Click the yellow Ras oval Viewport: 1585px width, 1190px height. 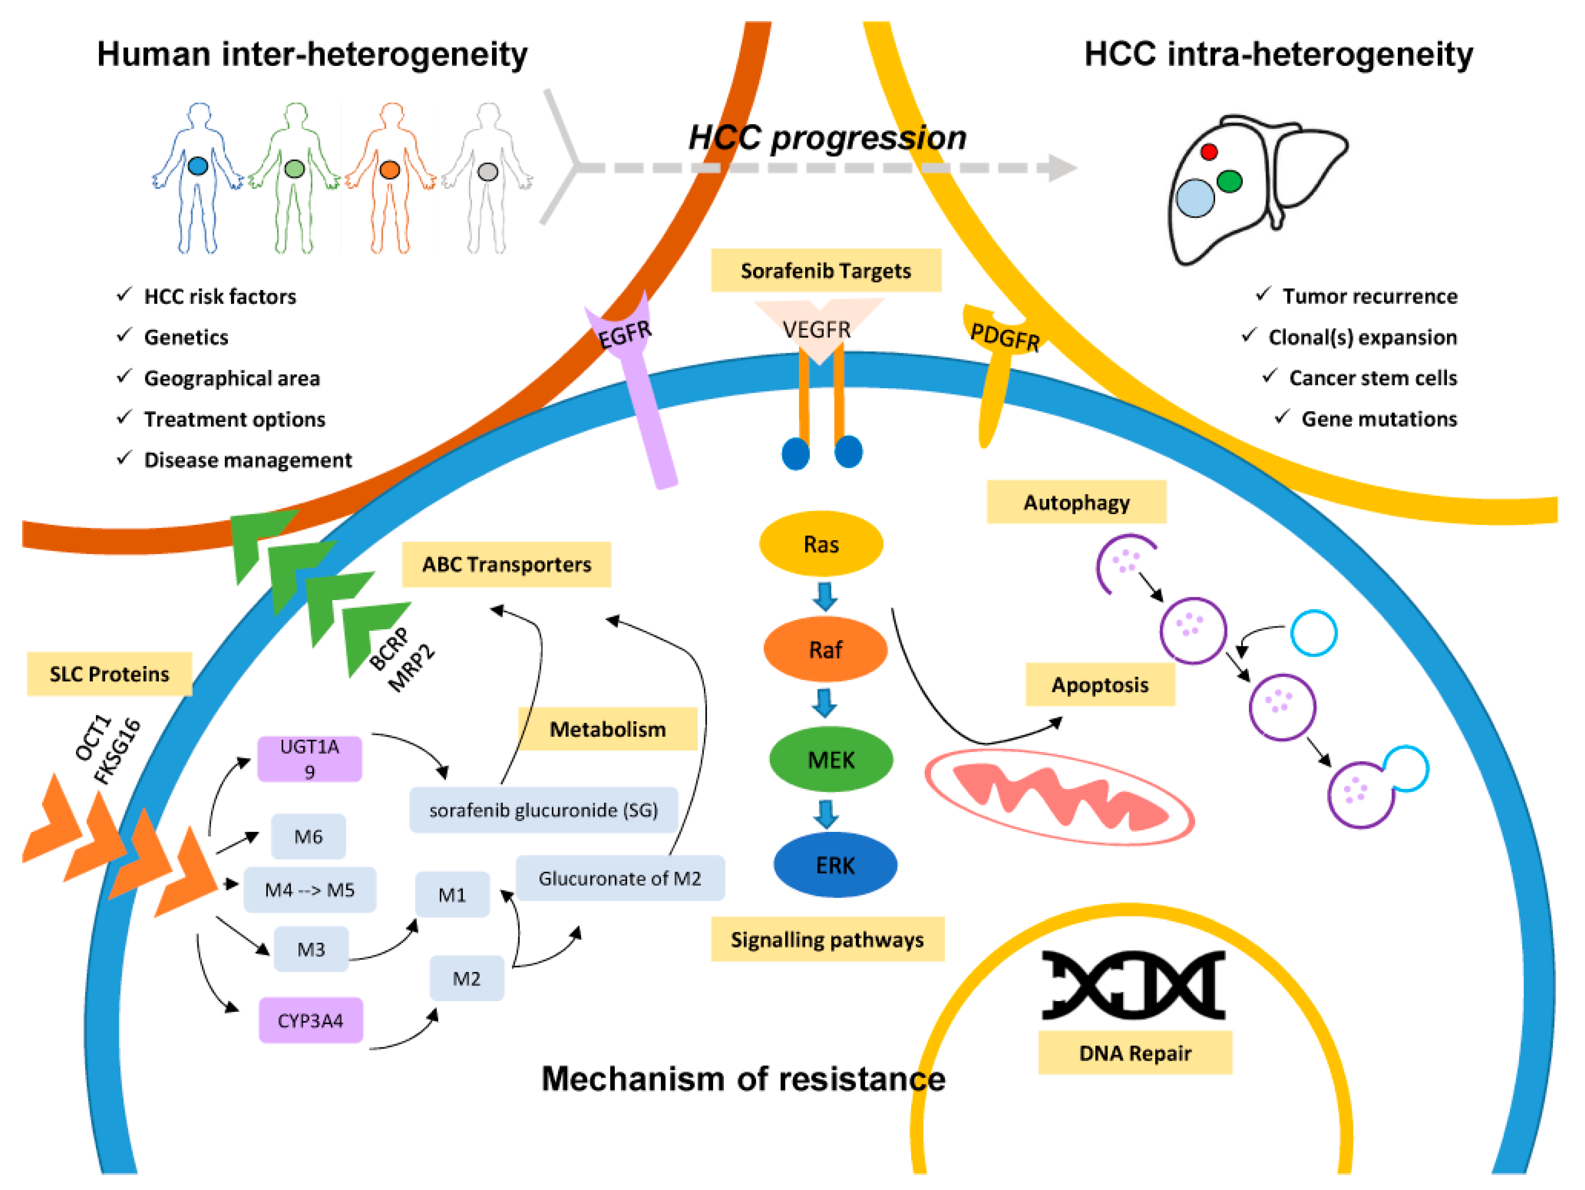821,544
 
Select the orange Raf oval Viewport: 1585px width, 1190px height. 826,649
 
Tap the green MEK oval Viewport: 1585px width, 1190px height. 831,759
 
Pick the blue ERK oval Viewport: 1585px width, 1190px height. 836,865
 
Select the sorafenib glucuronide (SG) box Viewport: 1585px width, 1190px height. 543,810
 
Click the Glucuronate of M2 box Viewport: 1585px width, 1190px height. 620,878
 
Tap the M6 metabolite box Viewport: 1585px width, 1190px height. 308,836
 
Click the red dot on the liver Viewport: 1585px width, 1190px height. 1209,152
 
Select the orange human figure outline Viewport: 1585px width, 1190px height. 391,178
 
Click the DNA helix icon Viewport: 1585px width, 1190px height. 1133,985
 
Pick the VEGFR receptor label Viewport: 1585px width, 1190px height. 817,329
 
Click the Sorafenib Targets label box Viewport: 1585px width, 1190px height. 826,270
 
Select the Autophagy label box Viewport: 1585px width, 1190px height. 1076,502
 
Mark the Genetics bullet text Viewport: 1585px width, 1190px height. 186,337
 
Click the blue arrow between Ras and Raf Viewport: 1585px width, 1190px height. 825,597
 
